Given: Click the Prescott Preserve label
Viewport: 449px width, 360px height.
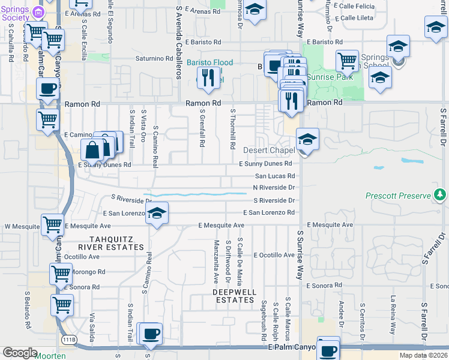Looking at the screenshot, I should coord(399,196).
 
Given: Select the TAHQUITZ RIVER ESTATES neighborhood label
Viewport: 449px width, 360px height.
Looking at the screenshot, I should coord(109,243).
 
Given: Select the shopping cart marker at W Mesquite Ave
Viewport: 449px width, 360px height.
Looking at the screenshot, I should coord(53,225).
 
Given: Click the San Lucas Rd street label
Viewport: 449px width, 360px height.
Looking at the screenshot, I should coord(275,176).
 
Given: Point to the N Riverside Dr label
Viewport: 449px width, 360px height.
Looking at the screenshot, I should coord(274,187).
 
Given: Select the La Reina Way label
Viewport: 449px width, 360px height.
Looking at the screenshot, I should coord(394,316).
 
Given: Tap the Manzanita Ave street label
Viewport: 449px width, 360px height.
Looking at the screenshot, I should coord(216,262).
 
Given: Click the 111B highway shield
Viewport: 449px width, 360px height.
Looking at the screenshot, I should coord(69,340).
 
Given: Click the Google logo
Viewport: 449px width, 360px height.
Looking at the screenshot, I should coord(20,353).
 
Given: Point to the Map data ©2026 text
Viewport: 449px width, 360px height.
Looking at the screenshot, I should coord(423,355).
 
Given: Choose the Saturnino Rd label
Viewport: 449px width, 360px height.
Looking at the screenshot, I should coord(153,59).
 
